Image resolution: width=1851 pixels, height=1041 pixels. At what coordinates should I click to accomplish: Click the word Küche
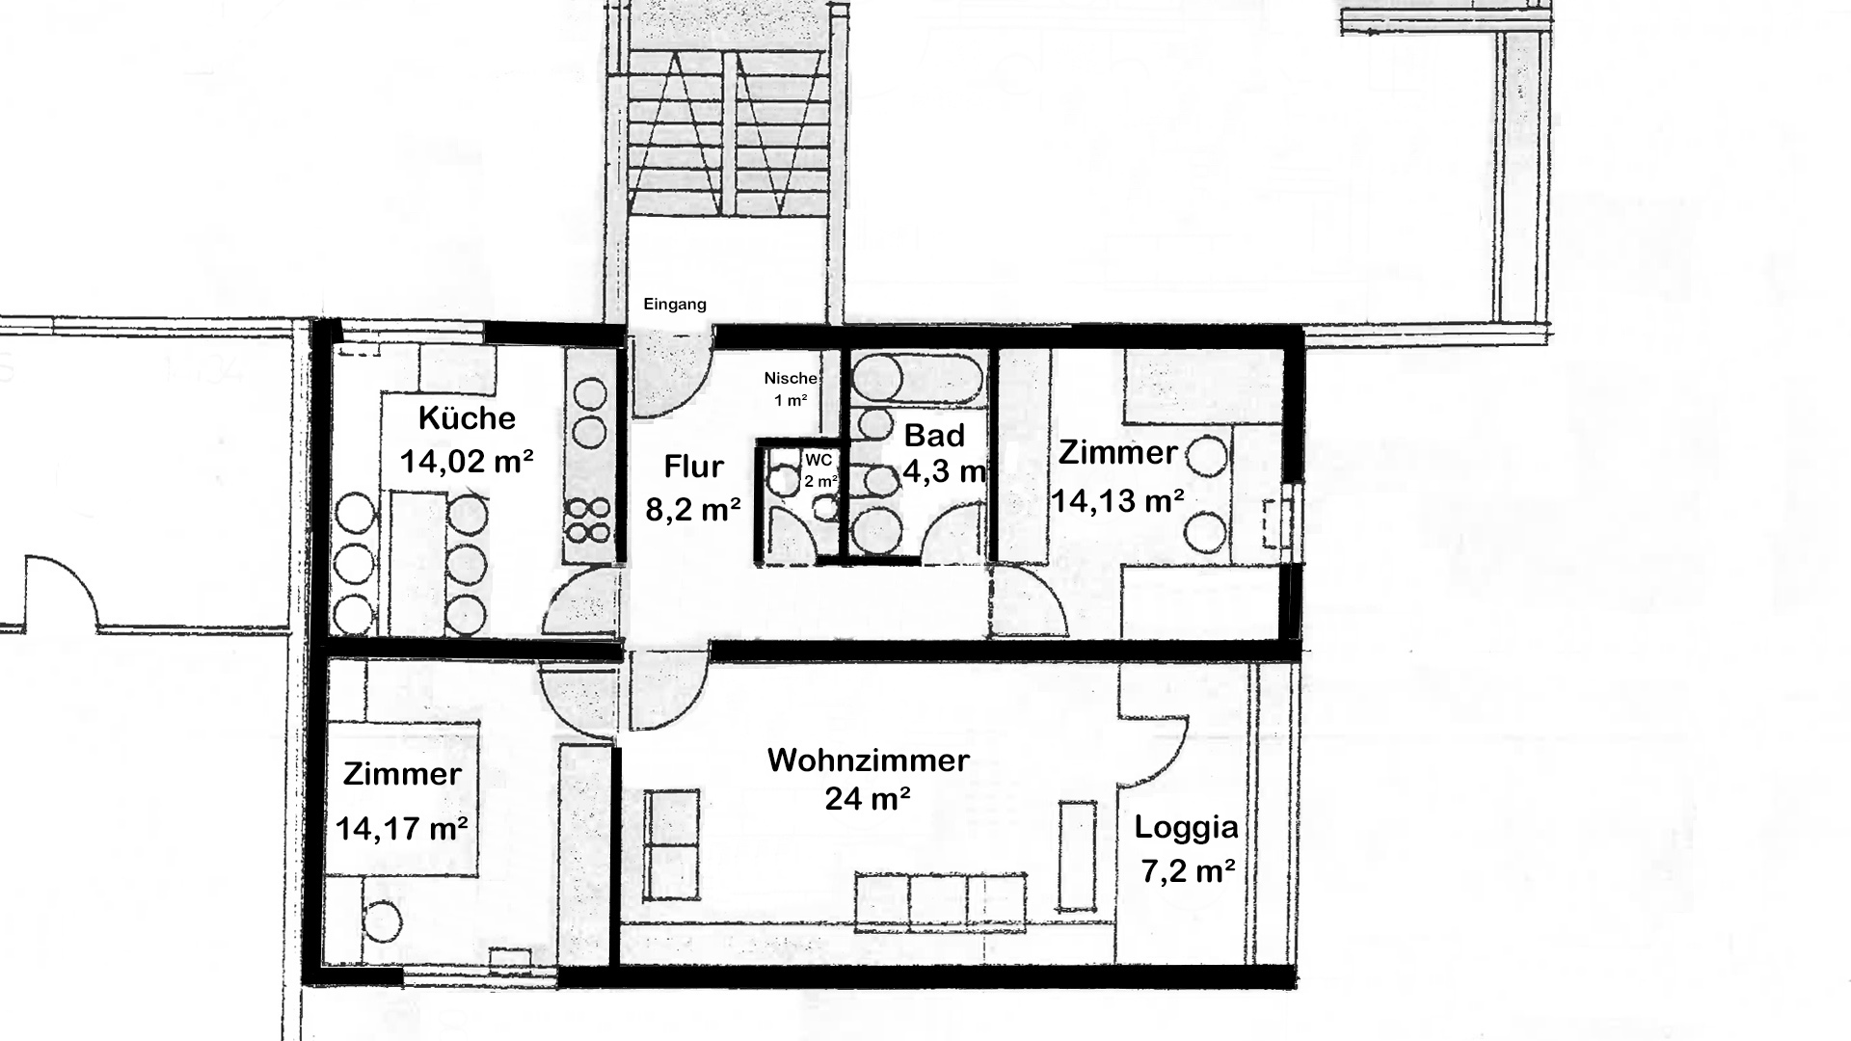coord(467,417)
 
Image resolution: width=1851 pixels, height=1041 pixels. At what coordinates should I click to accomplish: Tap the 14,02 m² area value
coord(467,462)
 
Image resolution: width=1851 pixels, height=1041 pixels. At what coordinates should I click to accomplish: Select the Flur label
coord(693,467)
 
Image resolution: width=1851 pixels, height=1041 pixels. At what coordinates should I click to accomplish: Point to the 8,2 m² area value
coord(693,509)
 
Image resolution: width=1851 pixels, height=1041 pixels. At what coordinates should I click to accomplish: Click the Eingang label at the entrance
coord(675,305)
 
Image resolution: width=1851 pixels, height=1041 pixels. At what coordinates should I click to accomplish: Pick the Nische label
coord(791,378)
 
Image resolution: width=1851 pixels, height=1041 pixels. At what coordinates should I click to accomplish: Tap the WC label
coord(818,461)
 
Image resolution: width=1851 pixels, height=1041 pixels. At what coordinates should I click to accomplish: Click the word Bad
coord(934,436)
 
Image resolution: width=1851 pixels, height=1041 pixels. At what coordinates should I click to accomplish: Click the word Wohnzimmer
coord(868,760)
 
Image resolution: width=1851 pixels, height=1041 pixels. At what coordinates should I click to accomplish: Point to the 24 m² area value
coord(868,798)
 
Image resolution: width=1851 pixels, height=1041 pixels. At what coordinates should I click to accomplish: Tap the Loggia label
coord(1186,827)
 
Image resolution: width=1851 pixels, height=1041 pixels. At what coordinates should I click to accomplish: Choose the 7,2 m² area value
coord(1188,871)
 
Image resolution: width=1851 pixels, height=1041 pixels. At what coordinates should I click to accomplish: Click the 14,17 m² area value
coord(402,828)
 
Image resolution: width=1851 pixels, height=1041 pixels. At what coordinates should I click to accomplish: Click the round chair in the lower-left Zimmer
coord(383,921)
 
